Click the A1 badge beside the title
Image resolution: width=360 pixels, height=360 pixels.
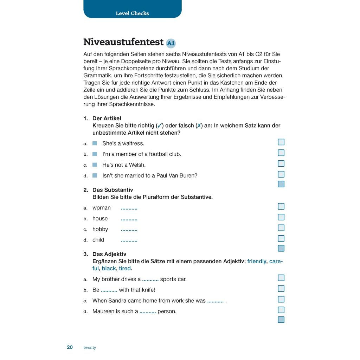point(171,43)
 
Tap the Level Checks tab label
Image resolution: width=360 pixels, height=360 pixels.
point(133,13)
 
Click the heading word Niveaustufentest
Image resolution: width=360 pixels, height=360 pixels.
point(123,42)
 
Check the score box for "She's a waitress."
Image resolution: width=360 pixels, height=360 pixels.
point(281,142)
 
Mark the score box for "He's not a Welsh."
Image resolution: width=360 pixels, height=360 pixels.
point(281,163)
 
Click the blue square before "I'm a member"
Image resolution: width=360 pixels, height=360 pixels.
point(95,154)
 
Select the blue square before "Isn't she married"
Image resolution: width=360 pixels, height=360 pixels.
point(95,175)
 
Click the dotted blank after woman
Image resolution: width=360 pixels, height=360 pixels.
point(129,208)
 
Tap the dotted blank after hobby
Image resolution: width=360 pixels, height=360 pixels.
point(129,230)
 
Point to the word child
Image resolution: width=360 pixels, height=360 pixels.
point(98,240)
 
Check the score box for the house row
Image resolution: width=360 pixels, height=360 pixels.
point(281,217)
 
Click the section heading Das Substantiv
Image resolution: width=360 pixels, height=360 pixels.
point(112,190)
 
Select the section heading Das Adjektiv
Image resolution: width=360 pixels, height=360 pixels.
point(109,254)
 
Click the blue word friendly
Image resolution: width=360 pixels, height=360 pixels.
point(257,262)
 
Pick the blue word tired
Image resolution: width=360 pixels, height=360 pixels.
point(125,269)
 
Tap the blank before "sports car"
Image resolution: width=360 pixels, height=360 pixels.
point(150,280)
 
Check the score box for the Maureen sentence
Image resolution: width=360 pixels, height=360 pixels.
point(281,310)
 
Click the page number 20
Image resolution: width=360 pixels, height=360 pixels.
point(70,347)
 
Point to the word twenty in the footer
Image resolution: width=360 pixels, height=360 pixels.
point(90,348)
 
